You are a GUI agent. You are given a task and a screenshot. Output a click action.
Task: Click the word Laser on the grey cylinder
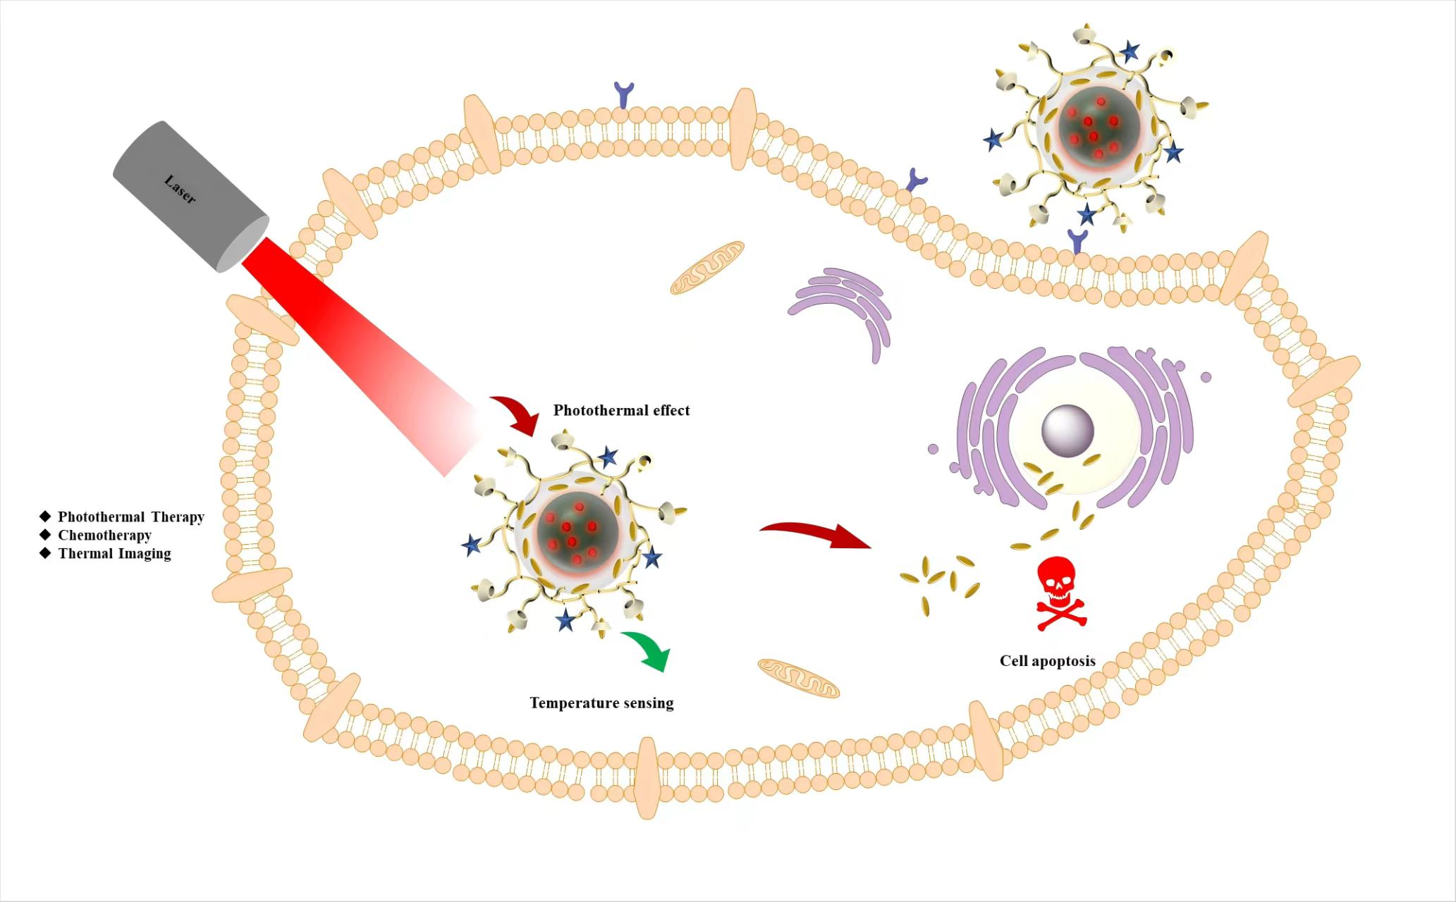(180, 189)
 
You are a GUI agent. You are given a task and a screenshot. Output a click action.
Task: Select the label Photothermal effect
(621, 410)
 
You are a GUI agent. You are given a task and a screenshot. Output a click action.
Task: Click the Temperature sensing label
(601, 703)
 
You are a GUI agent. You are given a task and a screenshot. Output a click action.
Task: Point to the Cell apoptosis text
(1047, 661)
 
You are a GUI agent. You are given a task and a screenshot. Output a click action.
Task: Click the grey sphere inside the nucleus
(1067, 431)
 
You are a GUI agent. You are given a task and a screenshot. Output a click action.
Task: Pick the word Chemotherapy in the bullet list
(104, 535)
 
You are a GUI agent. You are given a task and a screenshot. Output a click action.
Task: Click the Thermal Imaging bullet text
(114, 553)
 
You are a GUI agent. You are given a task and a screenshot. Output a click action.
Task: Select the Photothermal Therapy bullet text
(130, 517)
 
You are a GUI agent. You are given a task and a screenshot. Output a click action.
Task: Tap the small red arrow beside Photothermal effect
(517, 414)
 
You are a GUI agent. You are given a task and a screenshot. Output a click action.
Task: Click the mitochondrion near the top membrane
(707, 267)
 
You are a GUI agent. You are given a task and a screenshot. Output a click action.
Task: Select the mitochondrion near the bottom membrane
(798, 678)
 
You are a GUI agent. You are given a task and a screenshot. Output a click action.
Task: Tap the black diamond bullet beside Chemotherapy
(46, 535)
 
